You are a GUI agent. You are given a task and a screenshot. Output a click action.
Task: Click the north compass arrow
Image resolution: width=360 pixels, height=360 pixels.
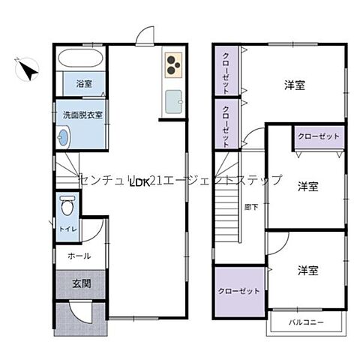click(28, 70)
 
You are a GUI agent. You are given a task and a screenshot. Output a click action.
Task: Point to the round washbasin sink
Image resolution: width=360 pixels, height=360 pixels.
click(63, 136)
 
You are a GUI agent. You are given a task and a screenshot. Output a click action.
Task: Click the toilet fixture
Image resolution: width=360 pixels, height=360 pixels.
click(67, 205)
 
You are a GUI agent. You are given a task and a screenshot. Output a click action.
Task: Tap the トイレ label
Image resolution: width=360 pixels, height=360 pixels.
click(67, 229)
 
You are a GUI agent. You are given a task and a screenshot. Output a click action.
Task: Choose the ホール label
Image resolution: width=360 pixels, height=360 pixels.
click(79, 256)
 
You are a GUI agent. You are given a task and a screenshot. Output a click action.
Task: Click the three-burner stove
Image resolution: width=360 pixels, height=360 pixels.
click(173, 64)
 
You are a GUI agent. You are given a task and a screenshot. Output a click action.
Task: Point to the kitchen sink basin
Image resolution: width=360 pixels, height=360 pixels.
click(173, 100)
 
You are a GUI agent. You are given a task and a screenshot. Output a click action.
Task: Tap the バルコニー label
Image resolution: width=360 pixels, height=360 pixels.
click(306, 322)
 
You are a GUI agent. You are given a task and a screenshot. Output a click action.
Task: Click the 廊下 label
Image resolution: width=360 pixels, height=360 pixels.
click(251, 206)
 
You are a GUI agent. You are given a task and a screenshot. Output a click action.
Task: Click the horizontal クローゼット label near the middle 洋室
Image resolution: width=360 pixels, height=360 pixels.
click(319, 136)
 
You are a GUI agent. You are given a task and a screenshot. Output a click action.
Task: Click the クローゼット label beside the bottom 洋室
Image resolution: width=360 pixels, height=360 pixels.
click(239, 290)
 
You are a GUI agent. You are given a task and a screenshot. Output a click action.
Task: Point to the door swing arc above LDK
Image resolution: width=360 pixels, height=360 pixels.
click(146, 35)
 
